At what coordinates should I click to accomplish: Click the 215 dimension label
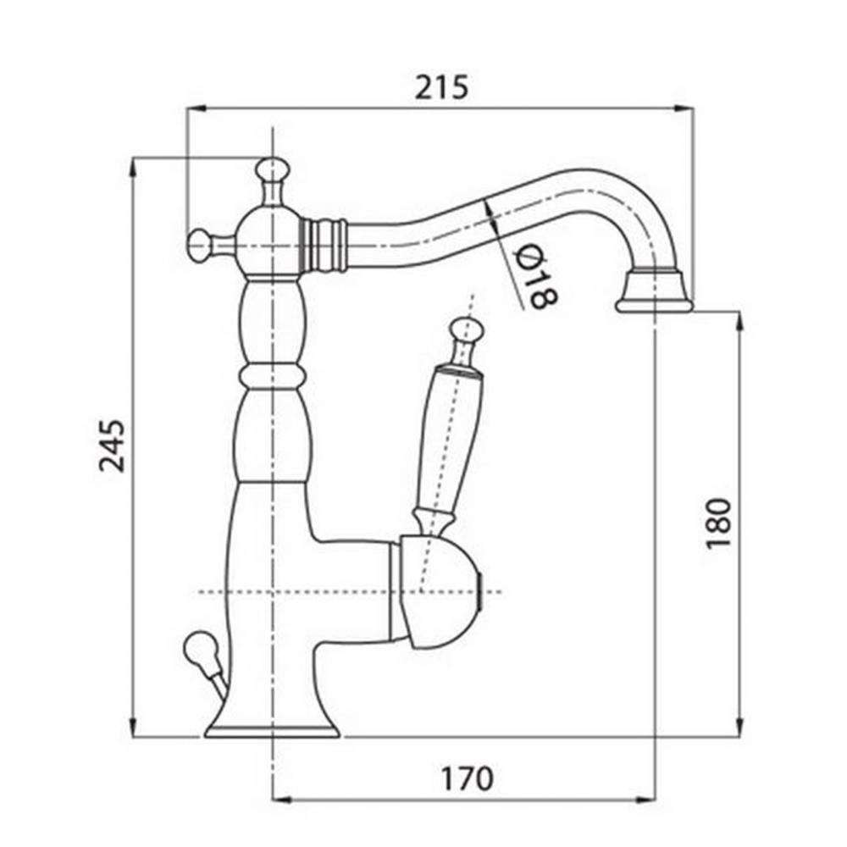coord(441,87)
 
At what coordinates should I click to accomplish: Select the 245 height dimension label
coord(112,445)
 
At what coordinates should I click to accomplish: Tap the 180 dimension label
coord(717,523)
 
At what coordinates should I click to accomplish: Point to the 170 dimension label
coord(468,778)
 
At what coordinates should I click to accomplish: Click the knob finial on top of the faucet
coord(272,169)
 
